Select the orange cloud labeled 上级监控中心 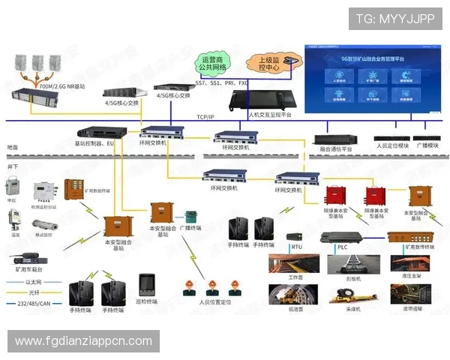[265, 63]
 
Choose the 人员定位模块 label [392, 145]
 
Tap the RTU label [297, 246]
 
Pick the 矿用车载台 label [29, 268]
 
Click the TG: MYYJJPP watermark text [394, 19]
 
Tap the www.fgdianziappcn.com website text [83, 341]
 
